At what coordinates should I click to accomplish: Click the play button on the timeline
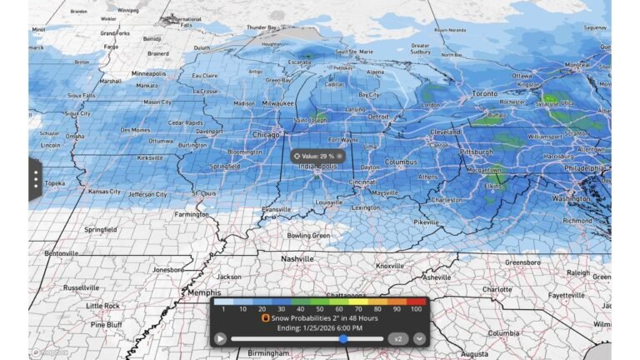220,338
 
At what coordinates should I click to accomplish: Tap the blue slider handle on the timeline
343,338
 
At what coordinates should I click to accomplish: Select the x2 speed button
398,338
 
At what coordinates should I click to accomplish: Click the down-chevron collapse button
419,338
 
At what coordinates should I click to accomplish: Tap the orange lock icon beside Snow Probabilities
266,318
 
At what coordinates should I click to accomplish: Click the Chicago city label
267,134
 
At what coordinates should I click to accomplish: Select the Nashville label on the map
297,259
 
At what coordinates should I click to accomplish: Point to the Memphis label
203,292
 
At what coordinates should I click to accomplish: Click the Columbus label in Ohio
400,162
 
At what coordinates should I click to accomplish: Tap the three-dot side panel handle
36,178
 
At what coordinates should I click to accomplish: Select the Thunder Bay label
260,27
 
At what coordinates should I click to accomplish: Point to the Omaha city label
75,136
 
